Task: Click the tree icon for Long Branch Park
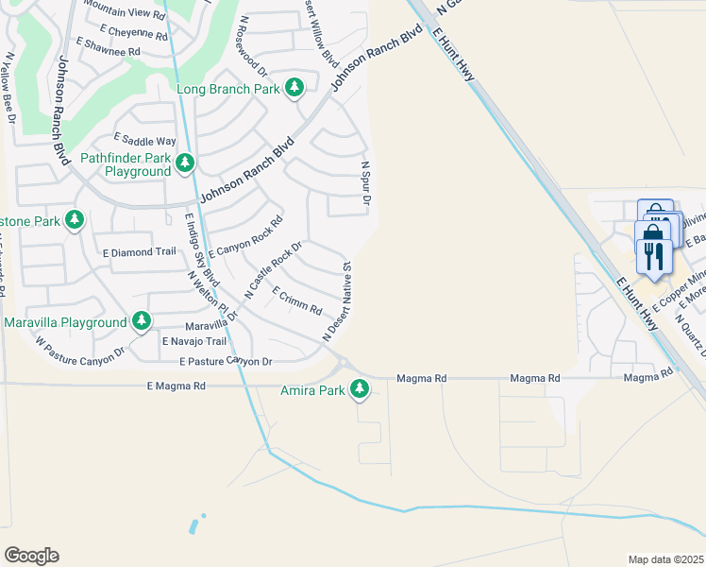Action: [x=295, y=88]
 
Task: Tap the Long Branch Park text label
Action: [x=228, y=89]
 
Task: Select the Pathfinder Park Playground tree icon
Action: [x=185, y=163]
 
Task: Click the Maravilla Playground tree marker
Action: [x=142, y=322]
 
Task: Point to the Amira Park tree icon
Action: [x=359, y=388]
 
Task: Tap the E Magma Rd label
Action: [x=176, y=386]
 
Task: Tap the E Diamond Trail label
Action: [x=140, y=252]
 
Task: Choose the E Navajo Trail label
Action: [x=194, y=341]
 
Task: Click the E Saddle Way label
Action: [x=144, y=140]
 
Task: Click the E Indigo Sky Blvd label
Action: [x=195, y=246]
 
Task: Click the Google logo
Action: [x=31, y=556]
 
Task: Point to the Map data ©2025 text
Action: [x=665, y=559]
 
